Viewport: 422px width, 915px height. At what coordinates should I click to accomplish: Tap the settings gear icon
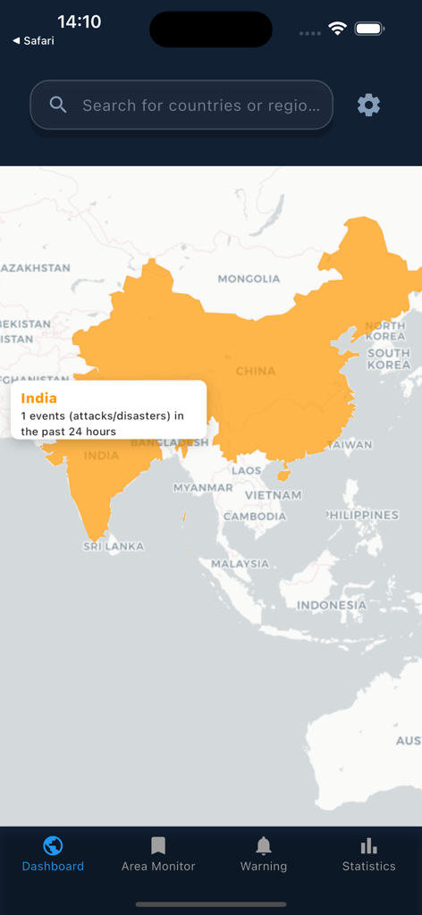coord(368,105)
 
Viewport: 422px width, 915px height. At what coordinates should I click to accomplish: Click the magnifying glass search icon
coord(58,105)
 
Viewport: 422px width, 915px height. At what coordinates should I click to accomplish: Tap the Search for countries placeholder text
coord(200,105)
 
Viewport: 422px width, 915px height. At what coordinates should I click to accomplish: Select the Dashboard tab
coord(53,854)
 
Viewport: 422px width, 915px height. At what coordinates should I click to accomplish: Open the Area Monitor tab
coord(158,854)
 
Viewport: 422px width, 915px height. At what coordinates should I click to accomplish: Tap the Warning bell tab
coord(264,854)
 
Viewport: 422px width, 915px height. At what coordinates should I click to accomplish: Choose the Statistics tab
coord(368,854)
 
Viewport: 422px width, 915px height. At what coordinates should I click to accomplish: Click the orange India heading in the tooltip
coord(39,399)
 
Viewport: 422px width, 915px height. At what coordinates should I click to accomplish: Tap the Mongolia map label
coord(249,279)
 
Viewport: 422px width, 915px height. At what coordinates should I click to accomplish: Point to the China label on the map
coord(256,371)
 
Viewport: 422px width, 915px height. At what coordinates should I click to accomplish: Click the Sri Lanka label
coord(114,546)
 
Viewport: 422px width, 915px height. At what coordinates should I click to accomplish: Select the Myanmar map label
coord(203,488)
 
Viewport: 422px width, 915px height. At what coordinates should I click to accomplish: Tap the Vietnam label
coord(273,495)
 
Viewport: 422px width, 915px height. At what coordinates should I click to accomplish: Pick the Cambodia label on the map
coord(255,516)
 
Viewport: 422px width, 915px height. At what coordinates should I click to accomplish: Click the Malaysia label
coord(240,564)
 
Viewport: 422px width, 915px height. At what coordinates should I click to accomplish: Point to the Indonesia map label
coord(332,605)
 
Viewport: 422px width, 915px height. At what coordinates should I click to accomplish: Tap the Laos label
coord(247,471)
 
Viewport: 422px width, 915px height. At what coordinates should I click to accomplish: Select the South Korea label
coord(389,358)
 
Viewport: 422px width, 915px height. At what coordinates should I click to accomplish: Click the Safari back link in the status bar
coord(34,41)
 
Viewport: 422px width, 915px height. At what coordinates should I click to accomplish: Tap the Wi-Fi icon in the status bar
coord(337,29)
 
